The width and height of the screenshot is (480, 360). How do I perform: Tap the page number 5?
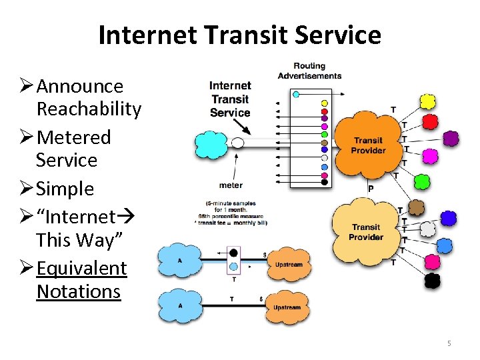(x=449, y=343)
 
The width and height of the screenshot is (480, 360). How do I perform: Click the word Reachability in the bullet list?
(x=89, y=109)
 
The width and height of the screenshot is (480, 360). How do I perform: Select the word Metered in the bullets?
(x=74, y=137)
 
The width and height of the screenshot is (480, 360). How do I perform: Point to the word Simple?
(x=65, y=189)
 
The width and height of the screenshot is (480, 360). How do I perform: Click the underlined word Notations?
(x=79, y=291)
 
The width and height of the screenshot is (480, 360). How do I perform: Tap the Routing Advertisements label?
(x=309, y=71)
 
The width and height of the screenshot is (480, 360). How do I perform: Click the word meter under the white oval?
(x=230, y=185)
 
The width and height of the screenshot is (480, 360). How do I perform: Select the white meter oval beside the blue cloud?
(x=237, y=143)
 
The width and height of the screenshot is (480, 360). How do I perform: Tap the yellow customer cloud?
(x=427, y=102)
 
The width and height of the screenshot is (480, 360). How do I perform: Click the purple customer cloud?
(x=451, y=138)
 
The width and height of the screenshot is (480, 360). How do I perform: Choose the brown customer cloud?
(x=417, y=207)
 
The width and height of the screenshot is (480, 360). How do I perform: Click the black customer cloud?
(x=433, y=280)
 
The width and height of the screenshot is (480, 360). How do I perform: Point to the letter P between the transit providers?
(x=371, y=189)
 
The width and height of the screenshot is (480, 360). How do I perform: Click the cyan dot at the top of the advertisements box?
(x=297, y=95)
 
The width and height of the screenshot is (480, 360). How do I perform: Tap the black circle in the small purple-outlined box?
(x=233, y=253)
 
